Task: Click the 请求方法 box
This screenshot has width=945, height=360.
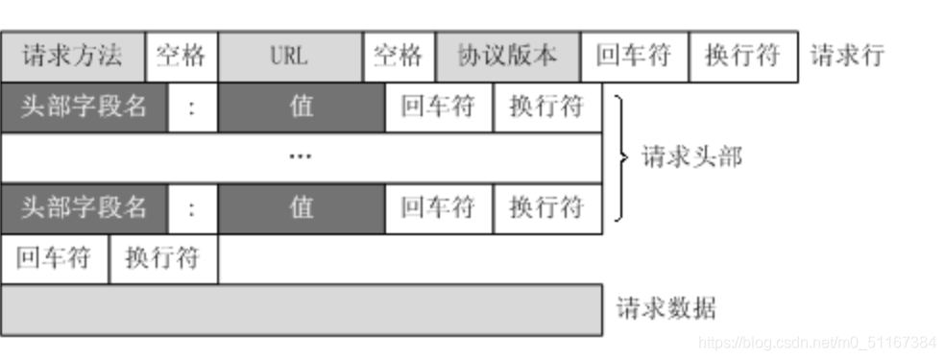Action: (x=73, y=56)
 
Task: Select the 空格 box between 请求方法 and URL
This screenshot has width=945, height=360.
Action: (x=182, y=56)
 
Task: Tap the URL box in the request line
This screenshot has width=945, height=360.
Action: (x=290, y=56)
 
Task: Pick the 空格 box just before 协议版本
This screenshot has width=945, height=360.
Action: (x=399, y=56)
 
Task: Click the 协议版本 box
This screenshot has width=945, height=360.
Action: (x=507, y=56)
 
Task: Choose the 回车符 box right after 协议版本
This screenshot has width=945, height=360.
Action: (x=634, y=56)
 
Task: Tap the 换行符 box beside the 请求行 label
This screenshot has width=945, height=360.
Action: (x=742, y=56)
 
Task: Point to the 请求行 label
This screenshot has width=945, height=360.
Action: (x=847, y=56)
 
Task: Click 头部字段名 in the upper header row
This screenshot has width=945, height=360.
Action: (x=85, y=107)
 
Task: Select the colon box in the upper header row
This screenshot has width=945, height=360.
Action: (x=192, y=107)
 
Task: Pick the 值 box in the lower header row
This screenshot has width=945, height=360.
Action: (x=302, y=206)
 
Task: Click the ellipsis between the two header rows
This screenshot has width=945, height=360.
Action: (x=301, y=156)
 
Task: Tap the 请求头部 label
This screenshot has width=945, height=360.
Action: (x=691, y=156)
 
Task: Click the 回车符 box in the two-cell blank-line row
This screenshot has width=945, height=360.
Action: (x=55, y=258)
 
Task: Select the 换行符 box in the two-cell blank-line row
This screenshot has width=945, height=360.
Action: (x=163, y=258)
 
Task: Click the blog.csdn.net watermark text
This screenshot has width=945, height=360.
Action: (x=816, y=342)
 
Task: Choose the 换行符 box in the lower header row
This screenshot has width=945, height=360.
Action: (x=547, y=206)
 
